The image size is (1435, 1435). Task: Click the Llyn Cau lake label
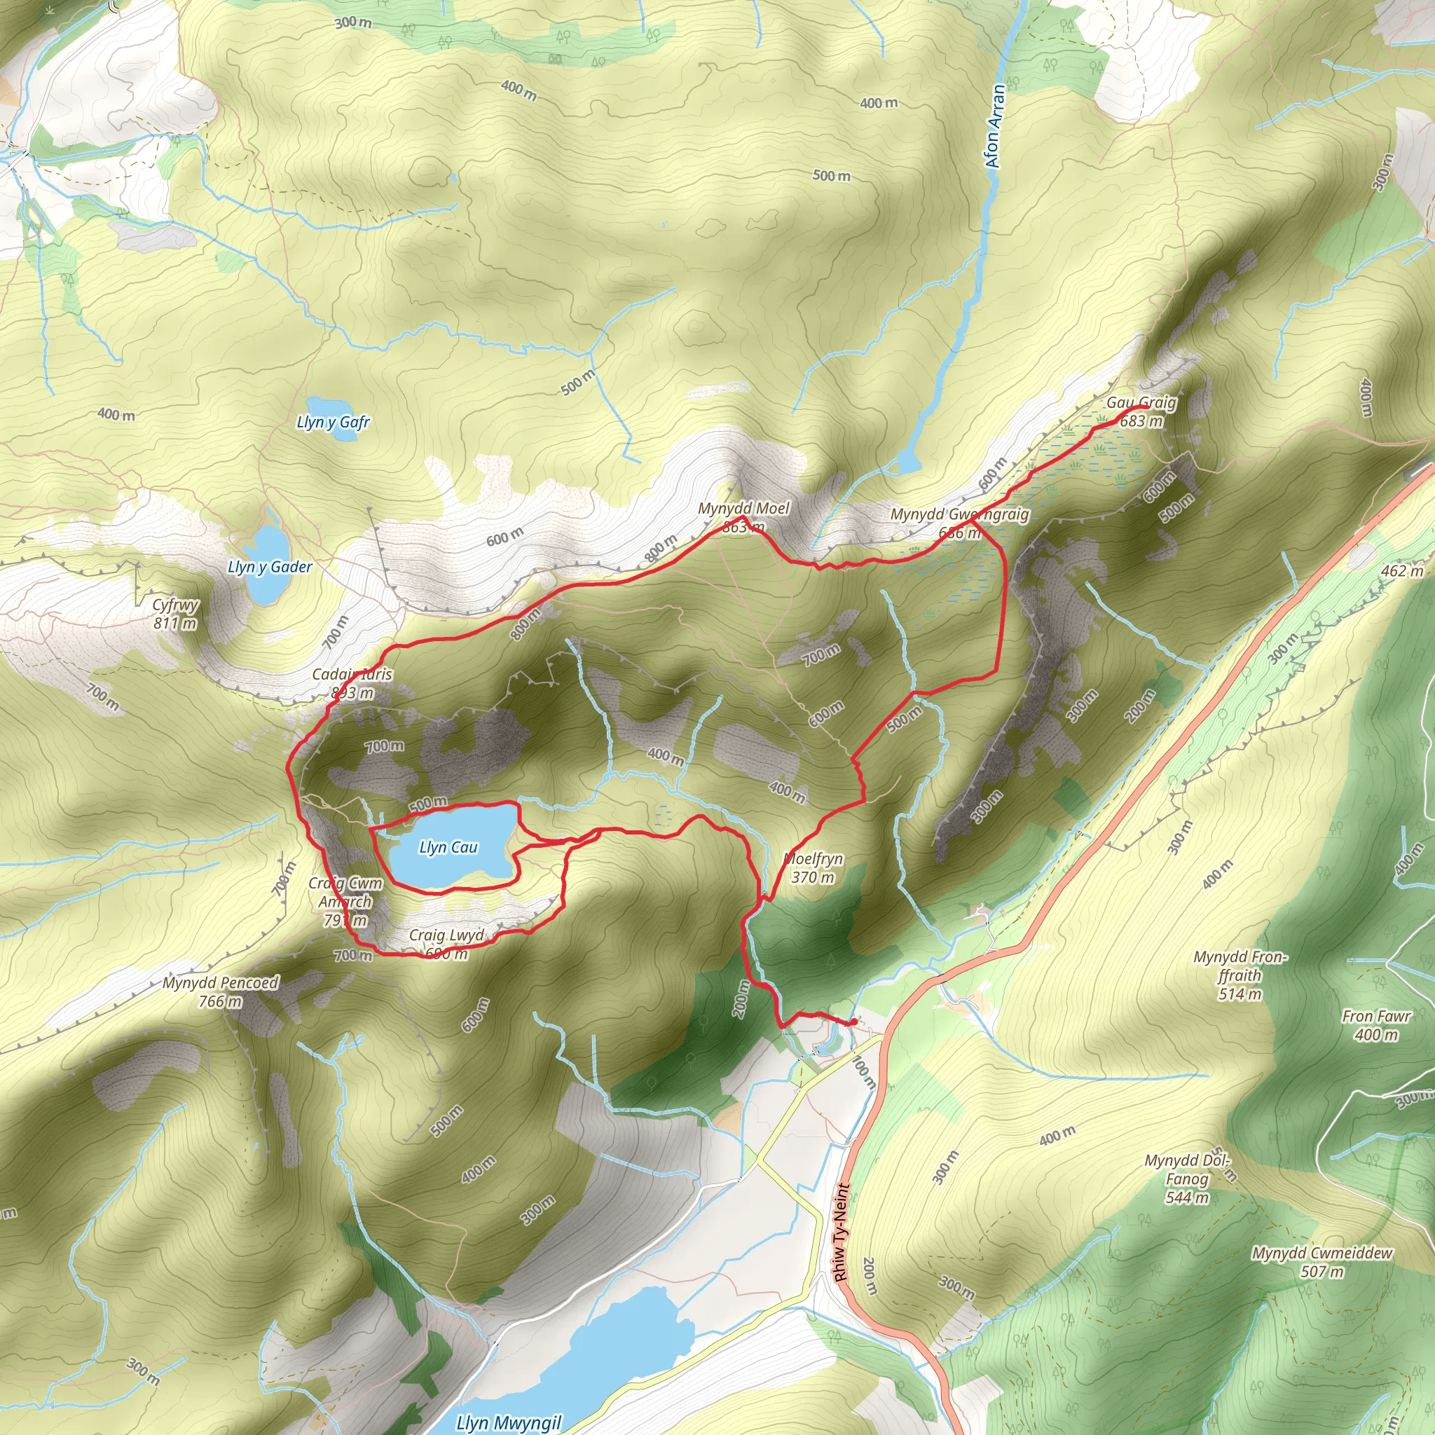[x=448, y=848]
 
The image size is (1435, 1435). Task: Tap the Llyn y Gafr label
[x=333, y=423]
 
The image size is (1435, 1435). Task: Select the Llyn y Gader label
[x=270, y=568]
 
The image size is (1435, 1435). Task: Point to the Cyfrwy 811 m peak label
[x=175, y=614]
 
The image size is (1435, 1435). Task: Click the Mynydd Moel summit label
[x=743, y=518]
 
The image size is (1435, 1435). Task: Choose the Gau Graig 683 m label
[x=1141, y=412]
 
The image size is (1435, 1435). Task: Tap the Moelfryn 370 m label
[x=813, y=868]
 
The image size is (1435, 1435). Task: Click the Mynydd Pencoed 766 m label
[x=221, y=991]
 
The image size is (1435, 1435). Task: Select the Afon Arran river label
[x=994, y=125]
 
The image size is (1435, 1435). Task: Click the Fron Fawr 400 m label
[x=1376, y=1026]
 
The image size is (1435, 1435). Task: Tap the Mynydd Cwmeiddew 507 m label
[x=1322, y=1262]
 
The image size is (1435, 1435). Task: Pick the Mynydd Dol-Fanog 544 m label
[x=1187, y=1179]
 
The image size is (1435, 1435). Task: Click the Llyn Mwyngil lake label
[x=509, y=1422]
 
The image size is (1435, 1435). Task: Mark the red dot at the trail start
[x=853, y=1022]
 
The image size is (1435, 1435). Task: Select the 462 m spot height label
[x=1402, y=570]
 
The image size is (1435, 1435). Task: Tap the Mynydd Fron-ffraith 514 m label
[x=1240, y=975]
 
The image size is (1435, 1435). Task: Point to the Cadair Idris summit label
[x=352, y=683]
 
